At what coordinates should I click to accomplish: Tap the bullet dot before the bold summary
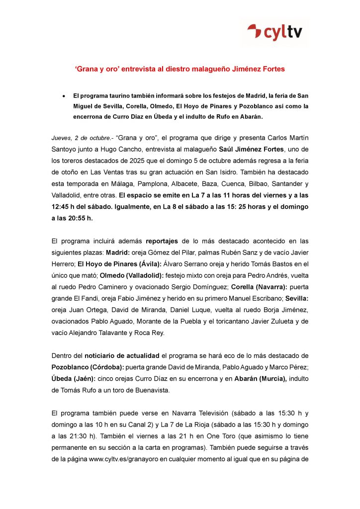tap(64, 95)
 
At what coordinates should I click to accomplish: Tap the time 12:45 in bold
tap(62, 206)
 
